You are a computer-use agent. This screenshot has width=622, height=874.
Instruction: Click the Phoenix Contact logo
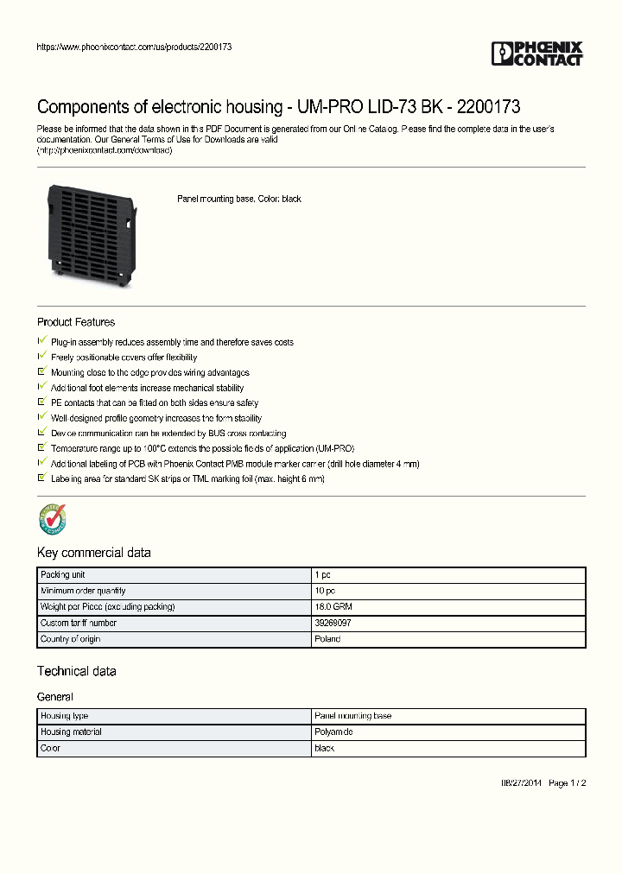pos(537,54)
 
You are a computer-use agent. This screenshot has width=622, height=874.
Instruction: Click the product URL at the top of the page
pos(134,47)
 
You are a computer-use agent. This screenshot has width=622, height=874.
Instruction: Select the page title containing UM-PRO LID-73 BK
pos(278,107)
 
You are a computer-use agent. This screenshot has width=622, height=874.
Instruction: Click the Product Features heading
pos(76,322)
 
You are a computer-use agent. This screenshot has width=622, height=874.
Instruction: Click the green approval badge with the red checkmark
pos(52,520)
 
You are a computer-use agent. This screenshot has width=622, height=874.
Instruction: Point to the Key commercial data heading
pos(93,553)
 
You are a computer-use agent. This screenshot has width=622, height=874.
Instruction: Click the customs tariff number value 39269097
pos(333,623)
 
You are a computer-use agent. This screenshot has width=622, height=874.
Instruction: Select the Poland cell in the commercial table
pos(328,639)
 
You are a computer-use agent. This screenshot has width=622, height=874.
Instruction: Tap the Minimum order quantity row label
pos(83,591)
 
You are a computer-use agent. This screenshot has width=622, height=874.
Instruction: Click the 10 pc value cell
pos(326,591)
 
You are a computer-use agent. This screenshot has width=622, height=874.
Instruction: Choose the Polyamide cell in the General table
pos(334,732)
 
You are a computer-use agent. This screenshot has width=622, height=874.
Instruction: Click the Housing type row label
pos(64,716)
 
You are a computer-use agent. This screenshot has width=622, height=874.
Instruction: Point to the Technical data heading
pos(76,671)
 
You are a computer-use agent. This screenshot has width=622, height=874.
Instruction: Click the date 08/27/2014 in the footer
pos(523,783)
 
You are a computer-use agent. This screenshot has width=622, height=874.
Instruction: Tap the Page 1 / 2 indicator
pos(568,783)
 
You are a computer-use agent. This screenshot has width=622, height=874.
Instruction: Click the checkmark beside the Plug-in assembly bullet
pos(41,341)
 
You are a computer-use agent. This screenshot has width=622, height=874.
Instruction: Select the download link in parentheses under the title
pos(105,150)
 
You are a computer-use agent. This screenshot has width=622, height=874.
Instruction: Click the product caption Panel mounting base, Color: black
pos(239,199)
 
